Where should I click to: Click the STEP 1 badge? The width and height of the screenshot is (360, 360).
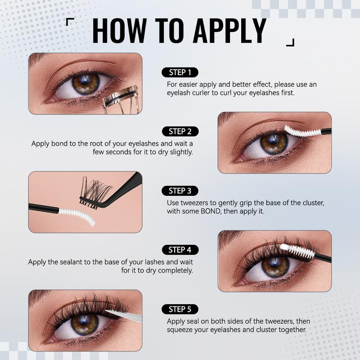tap(180, 72)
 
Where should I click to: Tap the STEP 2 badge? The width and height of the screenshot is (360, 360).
tap(180, 131)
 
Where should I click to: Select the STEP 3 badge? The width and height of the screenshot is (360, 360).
tap(180, 191)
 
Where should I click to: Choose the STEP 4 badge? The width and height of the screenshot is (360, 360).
tap(180, 250)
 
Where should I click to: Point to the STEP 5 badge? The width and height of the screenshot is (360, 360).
tap(180, 309)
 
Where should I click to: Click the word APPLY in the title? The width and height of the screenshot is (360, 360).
tap(230, 31)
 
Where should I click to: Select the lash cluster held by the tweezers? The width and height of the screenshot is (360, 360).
tap(94, 193)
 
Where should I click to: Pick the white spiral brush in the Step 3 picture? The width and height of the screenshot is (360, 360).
tap(77, 216)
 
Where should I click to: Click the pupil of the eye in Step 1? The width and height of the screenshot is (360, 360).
tap(85, 81)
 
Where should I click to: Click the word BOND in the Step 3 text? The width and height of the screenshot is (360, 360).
tap(210, 211)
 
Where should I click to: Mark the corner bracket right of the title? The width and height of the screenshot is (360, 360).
tap(290, 42)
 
